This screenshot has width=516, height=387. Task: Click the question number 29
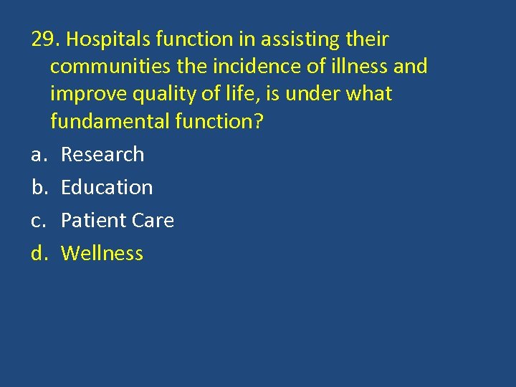[x=42, y=39]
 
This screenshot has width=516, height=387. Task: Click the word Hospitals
[x=100, y=40]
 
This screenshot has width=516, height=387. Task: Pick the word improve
[x=87, y=95]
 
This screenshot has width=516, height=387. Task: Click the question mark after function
[x=259, y=122]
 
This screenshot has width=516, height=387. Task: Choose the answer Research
[x=102, y=154]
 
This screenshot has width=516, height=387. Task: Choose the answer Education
[x=107, y=187]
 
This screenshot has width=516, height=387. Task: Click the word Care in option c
[x=152, y=220]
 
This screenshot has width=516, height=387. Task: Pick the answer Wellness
[x=102, y=253]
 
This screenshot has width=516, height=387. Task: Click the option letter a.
[x=37, y=155]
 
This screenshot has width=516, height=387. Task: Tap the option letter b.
[x=38, y=187]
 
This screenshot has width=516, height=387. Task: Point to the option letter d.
[x=38, y=253]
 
